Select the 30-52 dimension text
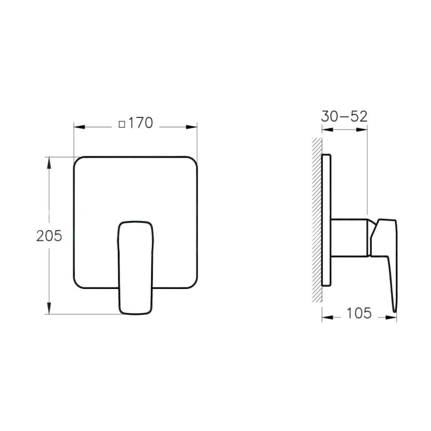344,116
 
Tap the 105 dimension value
359,313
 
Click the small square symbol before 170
122,124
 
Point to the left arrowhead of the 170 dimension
77,127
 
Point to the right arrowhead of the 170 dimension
193,127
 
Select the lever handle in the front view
136,266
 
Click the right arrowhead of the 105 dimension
393,318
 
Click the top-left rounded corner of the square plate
77,160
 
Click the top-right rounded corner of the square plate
194,160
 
